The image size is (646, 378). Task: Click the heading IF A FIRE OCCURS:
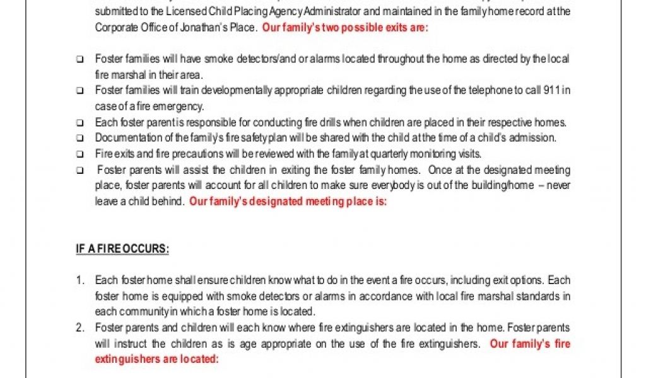pos(122,249)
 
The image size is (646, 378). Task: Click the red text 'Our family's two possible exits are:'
pos(344,28)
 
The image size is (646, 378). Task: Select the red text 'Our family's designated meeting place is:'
pos(288,202)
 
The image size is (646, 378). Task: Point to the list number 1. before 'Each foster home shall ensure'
pos(80,280)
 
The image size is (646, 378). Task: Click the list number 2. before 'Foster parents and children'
pos(80,328)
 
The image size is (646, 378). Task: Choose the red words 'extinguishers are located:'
pos(156,360)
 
